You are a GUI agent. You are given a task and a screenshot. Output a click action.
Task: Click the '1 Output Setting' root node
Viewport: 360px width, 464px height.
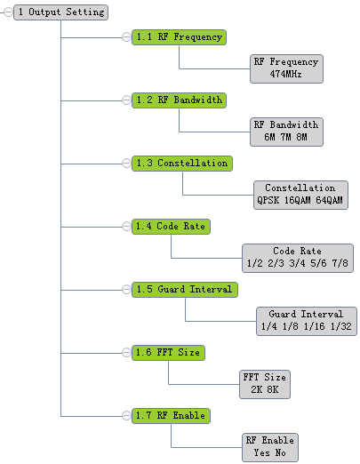point(60,12)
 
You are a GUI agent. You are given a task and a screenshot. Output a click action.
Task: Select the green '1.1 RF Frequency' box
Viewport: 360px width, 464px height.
point(179,37)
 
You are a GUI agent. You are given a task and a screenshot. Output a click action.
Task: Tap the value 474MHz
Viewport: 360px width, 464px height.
point(285,74)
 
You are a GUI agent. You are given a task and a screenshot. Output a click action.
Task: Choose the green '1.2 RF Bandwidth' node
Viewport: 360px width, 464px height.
point(179,100)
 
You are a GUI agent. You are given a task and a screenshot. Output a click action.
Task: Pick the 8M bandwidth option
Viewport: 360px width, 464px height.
point(301,137)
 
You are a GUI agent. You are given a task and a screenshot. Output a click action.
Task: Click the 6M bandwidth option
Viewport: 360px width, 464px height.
point(270,137)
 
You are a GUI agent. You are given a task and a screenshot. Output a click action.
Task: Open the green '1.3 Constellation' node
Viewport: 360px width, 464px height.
point(182,164)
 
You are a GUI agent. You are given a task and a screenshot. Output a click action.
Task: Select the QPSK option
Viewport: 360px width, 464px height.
point(268,200)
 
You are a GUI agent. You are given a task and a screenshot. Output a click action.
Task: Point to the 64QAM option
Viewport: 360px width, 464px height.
point(329,200)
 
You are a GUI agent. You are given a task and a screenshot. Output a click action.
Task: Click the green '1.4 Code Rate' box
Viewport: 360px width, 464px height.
point(171,227)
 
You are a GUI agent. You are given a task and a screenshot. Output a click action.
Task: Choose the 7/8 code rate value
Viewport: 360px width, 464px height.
point(340,263)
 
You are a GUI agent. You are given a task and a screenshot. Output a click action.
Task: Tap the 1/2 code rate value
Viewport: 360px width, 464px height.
point(255,263)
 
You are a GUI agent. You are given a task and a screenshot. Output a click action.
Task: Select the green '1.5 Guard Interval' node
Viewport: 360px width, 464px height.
point(185,290)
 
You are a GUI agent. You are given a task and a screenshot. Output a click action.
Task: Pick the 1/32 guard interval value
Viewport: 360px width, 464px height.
point(341,326)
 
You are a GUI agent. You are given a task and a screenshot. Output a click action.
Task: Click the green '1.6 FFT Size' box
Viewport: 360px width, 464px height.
point(168,353)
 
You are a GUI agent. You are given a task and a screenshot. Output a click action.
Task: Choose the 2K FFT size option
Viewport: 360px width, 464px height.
point(256,389)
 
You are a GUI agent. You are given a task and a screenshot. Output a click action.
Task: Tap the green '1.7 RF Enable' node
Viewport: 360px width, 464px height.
point(171,416)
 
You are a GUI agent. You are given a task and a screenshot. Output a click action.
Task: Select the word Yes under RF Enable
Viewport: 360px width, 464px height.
point(262,452)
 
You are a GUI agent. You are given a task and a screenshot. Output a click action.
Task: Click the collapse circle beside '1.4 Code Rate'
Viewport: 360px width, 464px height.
point(126,227)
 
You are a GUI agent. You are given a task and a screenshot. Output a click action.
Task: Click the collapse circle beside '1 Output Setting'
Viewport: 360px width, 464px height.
point(9,12)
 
